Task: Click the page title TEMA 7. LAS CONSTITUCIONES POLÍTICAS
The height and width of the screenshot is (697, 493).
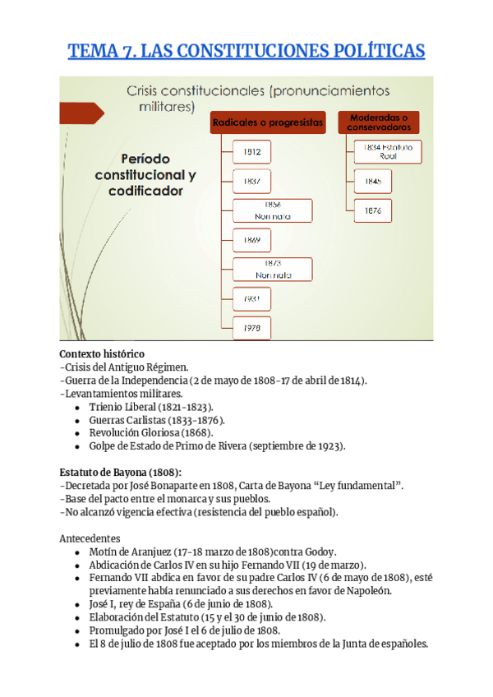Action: pos(246,51)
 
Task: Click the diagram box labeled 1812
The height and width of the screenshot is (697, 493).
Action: pos(251,152)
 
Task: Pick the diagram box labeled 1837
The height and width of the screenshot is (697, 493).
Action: pos(251,181)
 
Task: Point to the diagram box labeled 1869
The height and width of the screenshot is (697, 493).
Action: pos(251,240)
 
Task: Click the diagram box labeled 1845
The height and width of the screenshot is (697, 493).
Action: pos(373,181)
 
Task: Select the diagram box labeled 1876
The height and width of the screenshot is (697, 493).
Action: pos(373,210)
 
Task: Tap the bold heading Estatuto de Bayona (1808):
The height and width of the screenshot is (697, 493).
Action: pos(120,472)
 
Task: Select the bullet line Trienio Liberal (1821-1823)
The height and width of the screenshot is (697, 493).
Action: pos(150,407)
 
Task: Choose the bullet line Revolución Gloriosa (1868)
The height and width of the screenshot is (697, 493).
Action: pos(151,433)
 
